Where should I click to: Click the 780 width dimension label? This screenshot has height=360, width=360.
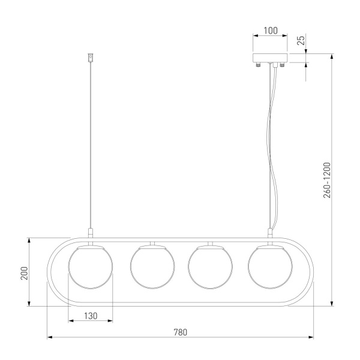click(180, 332)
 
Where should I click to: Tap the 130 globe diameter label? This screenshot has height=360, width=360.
click(91, 316)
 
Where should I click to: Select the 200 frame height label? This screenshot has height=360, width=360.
click(25, 273)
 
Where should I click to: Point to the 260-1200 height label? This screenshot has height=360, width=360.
click(327, 180)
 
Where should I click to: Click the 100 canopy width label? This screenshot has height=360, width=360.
click(270, 31)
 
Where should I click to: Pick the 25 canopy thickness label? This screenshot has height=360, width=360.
click(301, 40)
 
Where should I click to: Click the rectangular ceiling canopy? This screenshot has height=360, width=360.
click(270, 58)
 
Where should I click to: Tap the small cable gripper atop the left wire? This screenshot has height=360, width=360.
click(91, 58)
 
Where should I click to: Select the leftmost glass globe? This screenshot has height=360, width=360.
click(91, 267)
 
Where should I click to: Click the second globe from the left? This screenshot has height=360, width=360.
click(152, 267)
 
